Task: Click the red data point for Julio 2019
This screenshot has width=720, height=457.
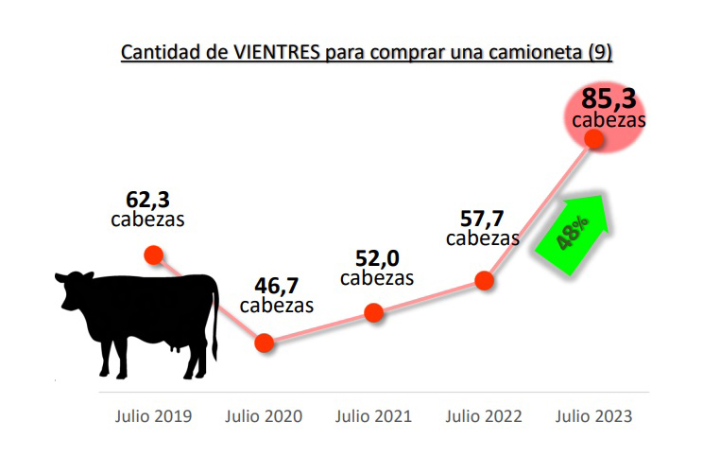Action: (x=153, y=255)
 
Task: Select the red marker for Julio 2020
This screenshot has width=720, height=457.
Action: (x=264, y=343)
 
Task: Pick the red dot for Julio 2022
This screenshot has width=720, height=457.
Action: (x=485, y=280)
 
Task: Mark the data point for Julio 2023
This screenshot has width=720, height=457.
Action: (x=594, y=138)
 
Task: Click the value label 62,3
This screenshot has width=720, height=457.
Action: (x=147, y=200)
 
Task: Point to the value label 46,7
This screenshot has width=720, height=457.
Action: (x=276, y=285)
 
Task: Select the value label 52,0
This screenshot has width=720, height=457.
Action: (x=376, y=257)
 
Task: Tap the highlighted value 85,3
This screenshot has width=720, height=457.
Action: (x=609, y=98)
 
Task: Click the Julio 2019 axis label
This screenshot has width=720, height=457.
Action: (x=154, y=416)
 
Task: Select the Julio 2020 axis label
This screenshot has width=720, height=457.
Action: (x=264, y=416)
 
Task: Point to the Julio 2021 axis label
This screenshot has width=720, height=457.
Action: (x=374, y=416)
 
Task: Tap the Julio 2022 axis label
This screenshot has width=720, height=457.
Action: (x=484, y=416)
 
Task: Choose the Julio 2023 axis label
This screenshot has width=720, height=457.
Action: (x=594, y=416)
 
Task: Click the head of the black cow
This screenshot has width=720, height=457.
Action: (x=73, y=289)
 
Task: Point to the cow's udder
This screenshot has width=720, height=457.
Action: (x=175, y=347)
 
